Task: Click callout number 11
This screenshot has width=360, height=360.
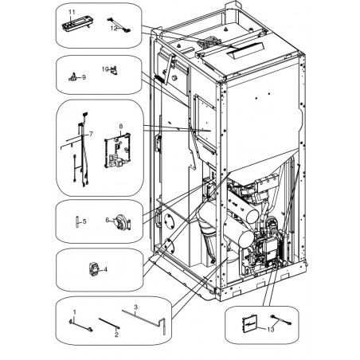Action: point(72,12)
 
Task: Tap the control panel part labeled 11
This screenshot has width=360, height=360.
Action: point(77,24)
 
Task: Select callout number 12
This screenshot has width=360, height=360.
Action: point(114,29)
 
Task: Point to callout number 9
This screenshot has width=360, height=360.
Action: point(84,77)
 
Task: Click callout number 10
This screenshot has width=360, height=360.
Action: point(105,69)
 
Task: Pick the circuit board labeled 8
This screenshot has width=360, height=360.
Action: point(118,150)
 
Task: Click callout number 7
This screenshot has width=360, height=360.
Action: point(91,134)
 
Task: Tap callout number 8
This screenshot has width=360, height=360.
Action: point(121,126)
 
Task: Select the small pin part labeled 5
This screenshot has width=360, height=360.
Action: point(77,221)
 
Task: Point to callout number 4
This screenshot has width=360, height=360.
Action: point(106,269)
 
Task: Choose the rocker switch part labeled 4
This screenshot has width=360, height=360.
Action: point(93,268)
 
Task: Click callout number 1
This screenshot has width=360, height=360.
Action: point(75,312)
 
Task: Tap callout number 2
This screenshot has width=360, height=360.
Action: point(116,335)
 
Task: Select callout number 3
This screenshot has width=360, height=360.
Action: point(135,307)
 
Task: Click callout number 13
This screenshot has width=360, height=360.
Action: point(271,330)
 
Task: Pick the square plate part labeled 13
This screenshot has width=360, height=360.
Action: point(249,323)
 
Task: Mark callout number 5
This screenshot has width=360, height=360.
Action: point(84,221)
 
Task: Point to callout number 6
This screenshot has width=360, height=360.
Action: point(108,220)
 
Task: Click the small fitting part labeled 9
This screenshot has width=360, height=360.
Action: point(72,77)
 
